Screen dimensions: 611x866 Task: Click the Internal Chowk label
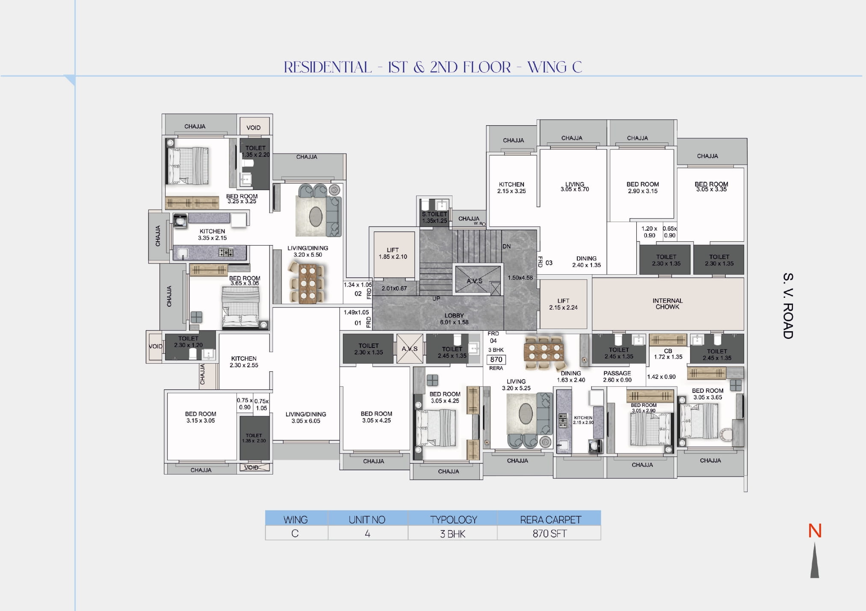coord(668,304)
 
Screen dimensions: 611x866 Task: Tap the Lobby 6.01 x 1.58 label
coord(454,319)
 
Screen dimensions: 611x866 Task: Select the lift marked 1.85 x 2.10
coord(393,253)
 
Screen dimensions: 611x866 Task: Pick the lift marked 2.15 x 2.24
coord(563,304)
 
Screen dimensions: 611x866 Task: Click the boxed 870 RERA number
coord(496,359)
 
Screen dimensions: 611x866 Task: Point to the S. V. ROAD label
coord(788,306)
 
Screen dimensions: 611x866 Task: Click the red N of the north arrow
coord(815,531)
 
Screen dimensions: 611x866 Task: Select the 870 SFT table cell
coord(549,534)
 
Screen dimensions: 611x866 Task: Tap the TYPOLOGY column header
coord(453,519)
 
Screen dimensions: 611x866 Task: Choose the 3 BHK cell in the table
coord(453,534)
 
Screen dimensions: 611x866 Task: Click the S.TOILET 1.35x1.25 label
coord(434,217)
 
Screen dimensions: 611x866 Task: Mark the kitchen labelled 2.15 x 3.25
coord(511,188)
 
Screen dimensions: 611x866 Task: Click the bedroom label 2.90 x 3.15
coord(642,187)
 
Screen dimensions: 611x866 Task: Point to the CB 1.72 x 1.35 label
coord(668,354)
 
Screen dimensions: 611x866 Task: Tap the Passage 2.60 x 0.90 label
coord(617,377)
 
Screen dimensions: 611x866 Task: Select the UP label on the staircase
coord(436,299)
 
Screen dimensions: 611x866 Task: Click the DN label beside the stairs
coord(506,246)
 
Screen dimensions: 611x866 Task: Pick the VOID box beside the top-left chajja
coord(254,128)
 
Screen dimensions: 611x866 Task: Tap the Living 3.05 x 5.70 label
coord(574,187)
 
